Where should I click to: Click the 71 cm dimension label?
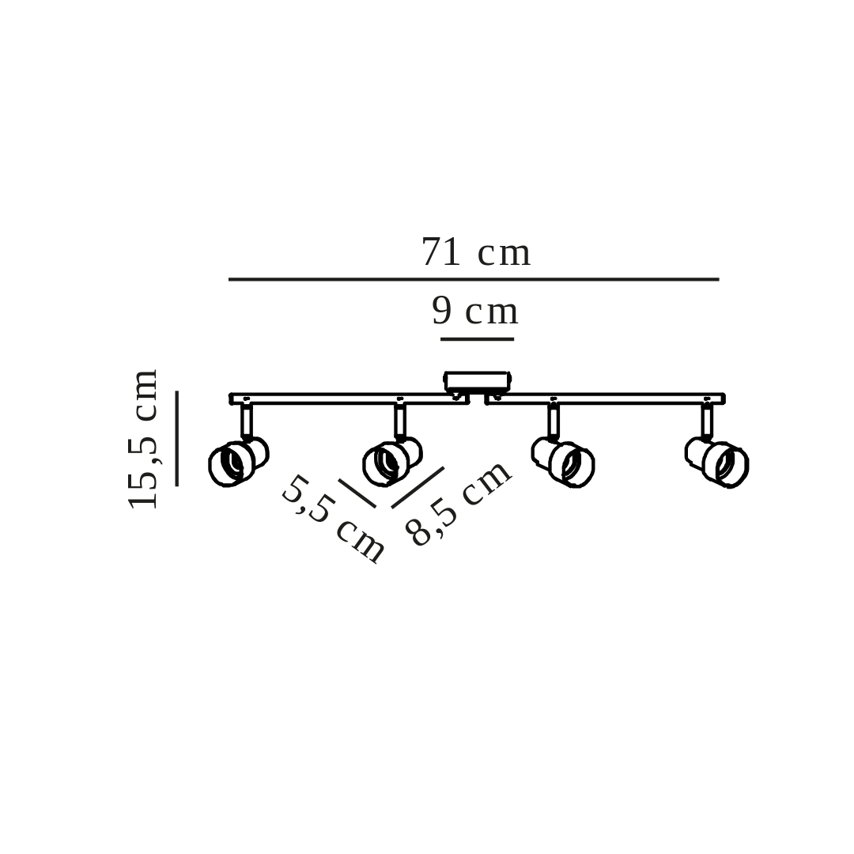[476, 253]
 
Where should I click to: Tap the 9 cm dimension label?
[475, 312]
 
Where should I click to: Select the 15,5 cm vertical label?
[144, 439]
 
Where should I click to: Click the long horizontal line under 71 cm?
[474, 279]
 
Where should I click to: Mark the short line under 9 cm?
[477, 339]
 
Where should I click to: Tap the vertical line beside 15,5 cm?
[176, 438]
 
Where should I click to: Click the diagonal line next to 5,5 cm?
[357, 493]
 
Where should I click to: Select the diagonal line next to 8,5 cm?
[418, 487]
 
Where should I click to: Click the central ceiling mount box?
[477, 381]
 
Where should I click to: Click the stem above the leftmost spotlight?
[247, 421]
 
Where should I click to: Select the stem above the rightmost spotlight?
[707, 421]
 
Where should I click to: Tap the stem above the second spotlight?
[400, 421]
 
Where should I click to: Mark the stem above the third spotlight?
[554, 421]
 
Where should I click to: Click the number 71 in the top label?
[441, 253]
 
